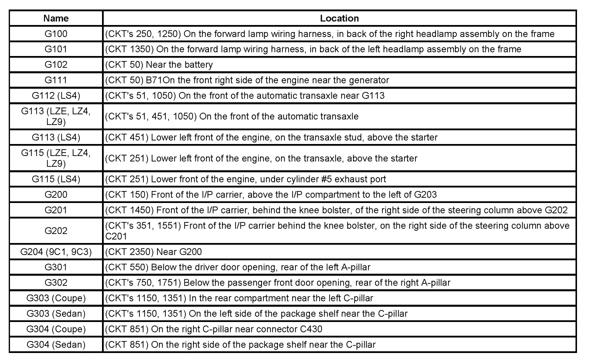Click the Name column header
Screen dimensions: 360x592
56,18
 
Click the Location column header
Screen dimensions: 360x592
339,18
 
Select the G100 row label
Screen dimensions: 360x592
56,34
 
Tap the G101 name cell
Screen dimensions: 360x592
56,49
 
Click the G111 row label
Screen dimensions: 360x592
56,80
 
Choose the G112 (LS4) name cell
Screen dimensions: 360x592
56,95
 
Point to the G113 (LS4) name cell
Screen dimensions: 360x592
56,137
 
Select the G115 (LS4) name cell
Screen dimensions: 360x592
56,179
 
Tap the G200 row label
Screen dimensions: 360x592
56,194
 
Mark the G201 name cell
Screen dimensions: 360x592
56,210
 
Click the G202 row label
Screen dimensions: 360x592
56,231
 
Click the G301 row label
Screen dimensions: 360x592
56,267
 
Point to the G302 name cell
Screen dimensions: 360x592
56,283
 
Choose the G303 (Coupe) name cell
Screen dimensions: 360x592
56,298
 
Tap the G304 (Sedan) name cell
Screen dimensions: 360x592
56,344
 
